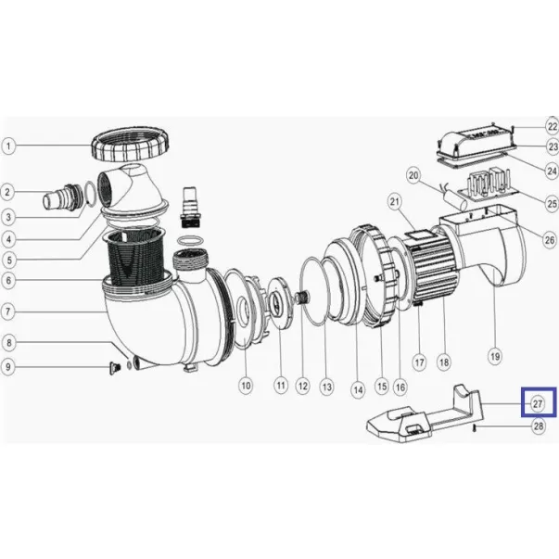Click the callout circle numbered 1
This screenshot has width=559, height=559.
pos(8,146)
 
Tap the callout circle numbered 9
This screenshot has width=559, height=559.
pos(8,367)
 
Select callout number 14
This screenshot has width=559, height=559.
pos(358,389)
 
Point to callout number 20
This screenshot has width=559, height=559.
pos(413,175)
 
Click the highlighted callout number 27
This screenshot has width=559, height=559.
pos(538,404)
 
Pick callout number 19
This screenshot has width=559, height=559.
pos(495,356)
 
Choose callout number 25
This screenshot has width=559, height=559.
pos(552,203)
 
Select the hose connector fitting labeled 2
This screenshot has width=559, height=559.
pos(63,199)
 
